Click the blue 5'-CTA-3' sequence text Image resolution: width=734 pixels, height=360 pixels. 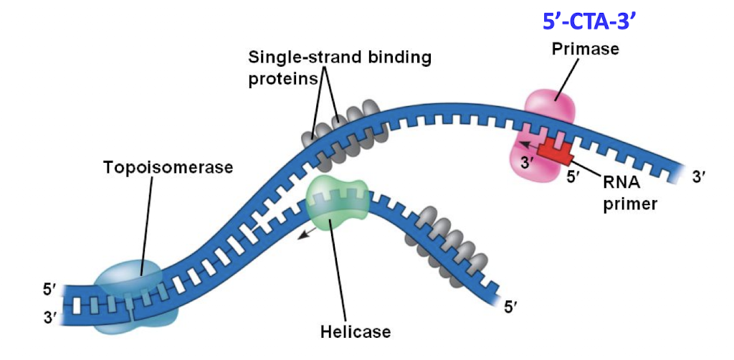point(589,22)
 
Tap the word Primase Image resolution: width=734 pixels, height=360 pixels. point(584,49)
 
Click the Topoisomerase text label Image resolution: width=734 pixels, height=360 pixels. point(168,167)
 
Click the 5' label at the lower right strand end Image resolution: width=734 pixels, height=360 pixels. point(510,307)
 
